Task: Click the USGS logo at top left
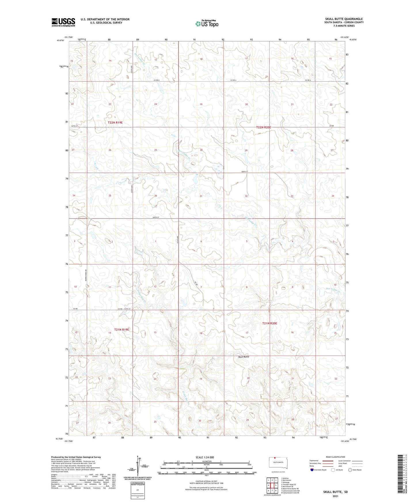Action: click(63, 22)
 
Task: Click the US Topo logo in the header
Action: click(206, 24)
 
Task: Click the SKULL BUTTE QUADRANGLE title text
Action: click(344, 19)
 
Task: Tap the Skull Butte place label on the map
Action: click(244, 357)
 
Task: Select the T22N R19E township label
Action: click(115, 122)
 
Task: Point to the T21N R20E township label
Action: click(269, 323)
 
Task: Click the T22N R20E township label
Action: click(264, 127)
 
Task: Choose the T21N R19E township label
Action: click(121, 329)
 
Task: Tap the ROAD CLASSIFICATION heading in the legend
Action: click(335, 457)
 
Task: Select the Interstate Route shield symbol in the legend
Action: click(312, 470)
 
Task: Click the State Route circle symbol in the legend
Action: click(350, 470)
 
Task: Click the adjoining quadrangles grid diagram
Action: click(272, 486)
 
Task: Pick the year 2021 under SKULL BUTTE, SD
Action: click(335, 496)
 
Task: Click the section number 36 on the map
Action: click(156, 196)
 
